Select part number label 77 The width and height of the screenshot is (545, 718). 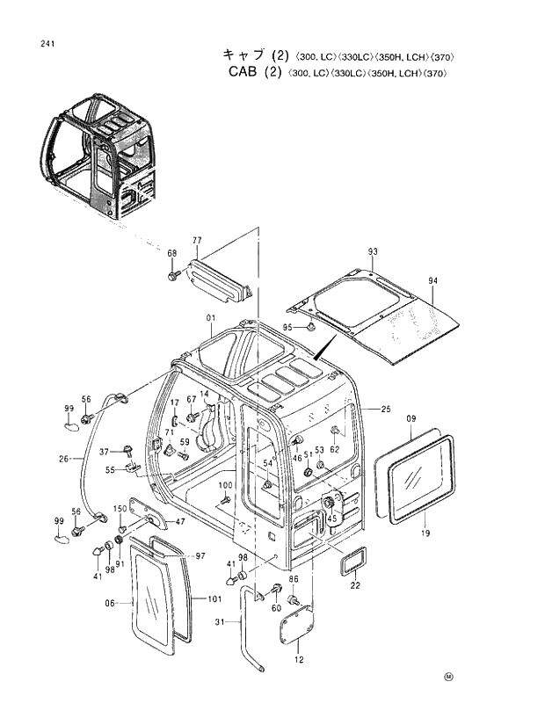[197, 240]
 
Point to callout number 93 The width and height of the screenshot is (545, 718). [373, 252]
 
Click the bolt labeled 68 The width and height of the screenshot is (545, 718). [173, 276]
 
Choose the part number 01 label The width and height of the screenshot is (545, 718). [211, 317]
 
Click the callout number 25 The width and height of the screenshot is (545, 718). [385, 410]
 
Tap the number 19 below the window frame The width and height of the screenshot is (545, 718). [425, 533]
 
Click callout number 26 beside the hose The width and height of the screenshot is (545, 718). [64, 458]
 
